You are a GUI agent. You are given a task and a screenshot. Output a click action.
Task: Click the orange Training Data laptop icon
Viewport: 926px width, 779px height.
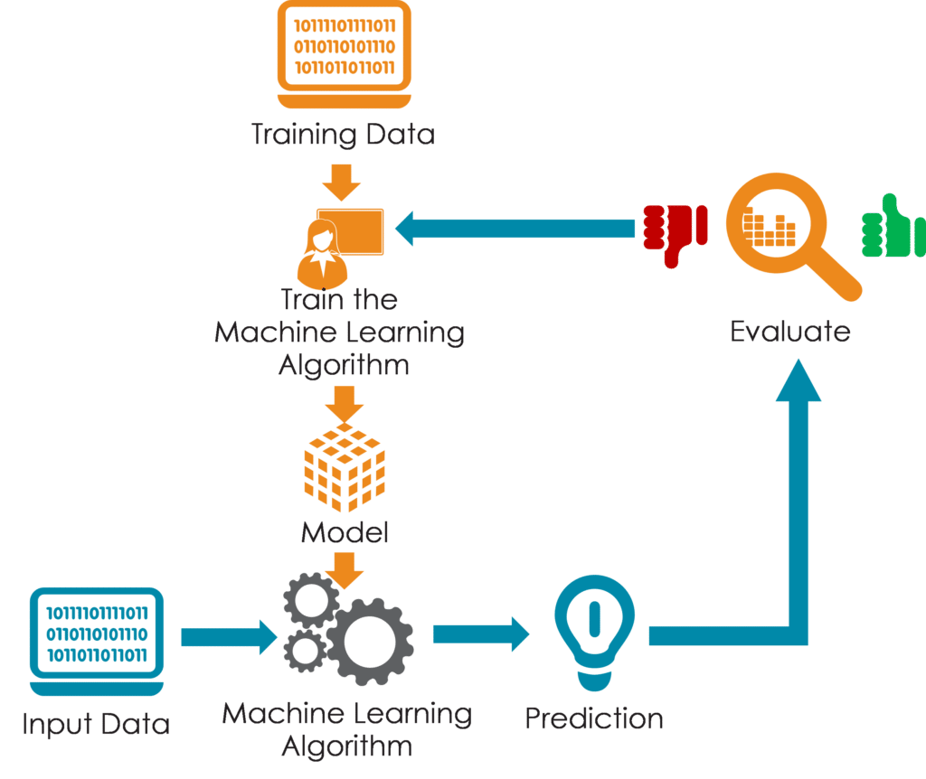click(x=345, y=54)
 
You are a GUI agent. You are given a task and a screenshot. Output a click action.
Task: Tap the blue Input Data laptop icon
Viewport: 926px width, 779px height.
click(x=96, y=642)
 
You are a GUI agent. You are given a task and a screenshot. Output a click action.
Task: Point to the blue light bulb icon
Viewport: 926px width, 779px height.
click(x=594, y=632)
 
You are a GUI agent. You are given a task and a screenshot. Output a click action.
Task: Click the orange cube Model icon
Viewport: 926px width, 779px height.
click(x=345, y=467)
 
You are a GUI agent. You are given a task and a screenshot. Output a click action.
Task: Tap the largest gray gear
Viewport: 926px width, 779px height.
click(x=370, y=642)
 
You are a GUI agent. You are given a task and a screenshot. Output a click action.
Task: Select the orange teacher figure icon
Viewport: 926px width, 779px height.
click(x=340, y=248)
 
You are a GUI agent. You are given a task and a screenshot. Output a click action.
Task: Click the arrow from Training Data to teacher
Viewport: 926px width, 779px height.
click(x=341, y=183)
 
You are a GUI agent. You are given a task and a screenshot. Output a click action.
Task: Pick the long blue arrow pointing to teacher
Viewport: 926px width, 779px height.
click(x=515, y=229)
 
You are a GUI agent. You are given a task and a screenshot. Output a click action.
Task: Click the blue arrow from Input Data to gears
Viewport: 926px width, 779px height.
click(x=229, y=637)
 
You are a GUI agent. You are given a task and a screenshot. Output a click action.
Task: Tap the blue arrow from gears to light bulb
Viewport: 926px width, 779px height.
click(x=481, y=634)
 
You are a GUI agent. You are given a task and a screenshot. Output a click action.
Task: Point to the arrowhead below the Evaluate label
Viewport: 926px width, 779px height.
click(x=798, y=380)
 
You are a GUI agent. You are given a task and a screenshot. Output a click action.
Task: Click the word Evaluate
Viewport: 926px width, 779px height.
click(x=790, y=331)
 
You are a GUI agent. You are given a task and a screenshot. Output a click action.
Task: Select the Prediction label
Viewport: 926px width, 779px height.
click(x=594, y=718)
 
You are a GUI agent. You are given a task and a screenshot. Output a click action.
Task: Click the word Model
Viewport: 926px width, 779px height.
click(x=345, y=532)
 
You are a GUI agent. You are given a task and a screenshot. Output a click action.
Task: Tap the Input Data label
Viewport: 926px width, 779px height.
click(x=96, y=724)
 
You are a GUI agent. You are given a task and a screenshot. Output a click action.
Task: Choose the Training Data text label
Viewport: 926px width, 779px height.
click(x=343, y=135)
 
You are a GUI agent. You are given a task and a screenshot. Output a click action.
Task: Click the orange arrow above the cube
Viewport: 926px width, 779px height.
click(x=345, y=405)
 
